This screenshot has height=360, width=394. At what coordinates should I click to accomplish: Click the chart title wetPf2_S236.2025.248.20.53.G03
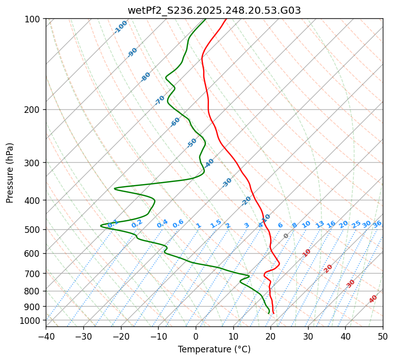click(x=214, y=10)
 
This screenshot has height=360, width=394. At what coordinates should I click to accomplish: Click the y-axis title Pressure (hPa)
click(x=10, y=172)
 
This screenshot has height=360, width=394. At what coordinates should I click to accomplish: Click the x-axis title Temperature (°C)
click(x=214, y=350)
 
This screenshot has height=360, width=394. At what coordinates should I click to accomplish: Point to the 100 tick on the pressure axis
click(x=33, y=19)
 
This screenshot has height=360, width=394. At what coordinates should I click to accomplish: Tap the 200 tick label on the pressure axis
click(x=33, y=110)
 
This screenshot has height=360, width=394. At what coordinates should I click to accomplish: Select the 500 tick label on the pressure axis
click(x=33, y=230)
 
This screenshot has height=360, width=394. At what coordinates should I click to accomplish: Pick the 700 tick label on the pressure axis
click(x=33, y=274)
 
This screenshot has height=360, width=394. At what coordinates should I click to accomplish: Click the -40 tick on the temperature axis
click(x=46, y=337)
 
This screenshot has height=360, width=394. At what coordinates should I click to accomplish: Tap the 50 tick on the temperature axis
click(x=383, y=337)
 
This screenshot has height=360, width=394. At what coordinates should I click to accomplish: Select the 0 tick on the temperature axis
click(x=196, y=337)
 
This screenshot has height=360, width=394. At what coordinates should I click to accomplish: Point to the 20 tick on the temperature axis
click(x=270, y=337)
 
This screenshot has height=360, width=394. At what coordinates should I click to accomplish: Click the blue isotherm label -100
click(x=120, y=27)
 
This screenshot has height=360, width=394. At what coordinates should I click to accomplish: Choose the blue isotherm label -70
click(x=160, y=100)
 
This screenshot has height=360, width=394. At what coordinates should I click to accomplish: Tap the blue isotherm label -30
click(x=227, y=183)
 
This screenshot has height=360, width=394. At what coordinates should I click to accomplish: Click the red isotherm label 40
click(x=373, y=299)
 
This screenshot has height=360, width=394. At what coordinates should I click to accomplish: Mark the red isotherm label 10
click(x=307, y=253)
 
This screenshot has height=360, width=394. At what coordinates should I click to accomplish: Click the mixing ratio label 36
click(x=377, y=224)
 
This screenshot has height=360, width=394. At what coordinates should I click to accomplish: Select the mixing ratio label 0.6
click(x=178, y=224)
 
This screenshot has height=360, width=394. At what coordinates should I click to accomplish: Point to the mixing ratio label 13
click(x=320, y=224)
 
